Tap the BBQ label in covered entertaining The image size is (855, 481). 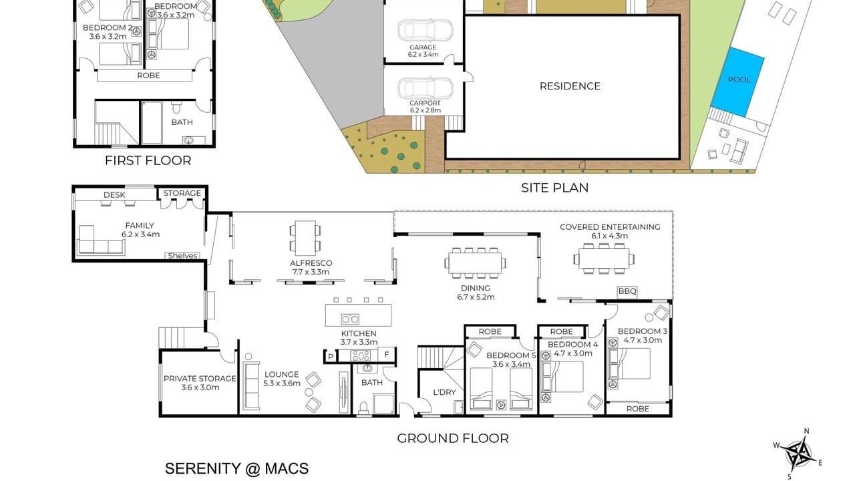pos(627,292)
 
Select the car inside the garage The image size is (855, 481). pos(425,30)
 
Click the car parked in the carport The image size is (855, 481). pos(425,88)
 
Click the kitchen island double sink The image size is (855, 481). pos(350,319)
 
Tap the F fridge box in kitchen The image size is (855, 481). pos(387,355)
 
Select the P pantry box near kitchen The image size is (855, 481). pos(331,357)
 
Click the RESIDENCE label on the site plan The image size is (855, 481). pos(570,86)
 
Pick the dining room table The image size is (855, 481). pos(475,263)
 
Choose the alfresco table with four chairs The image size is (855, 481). pos(305,238)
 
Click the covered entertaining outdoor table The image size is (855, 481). pos(604,259)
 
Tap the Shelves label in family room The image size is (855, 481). pos(182,256)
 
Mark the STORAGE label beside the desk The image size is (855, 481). pos(182,193)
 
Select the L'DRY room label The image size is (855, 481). pos(444,392)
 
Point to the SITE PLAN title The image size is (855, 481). pos(554,188)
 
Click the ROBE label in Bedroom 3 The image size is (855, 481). pos(638,409)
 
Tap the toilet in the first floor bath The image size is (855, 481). pos(176,108)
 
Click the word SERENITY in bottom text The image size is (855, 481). pos(202,468)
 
